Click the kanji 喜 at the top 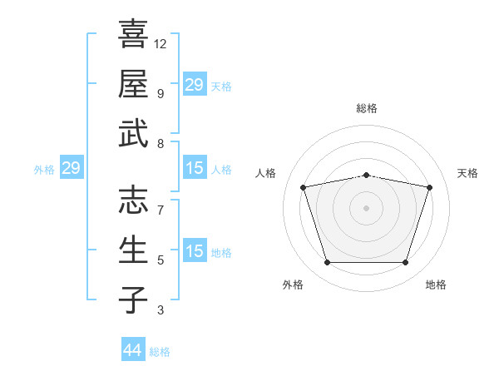pos(133,33)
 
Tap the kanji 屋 pos(133,83)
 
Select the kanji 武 pos(133,133)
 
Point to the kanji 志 pos(133,200)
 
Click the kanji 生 pos(133,250)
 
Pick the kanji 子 pos(133,299)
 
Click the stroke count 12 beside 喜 pos(160,44)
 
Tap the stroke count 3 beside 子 pos(161,310)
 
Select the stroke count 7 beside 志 pos(161,210)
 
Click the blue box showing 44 pos(133,349)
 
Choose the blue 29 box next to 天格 pos(195,84)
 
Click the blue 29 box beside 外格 pos(72,167)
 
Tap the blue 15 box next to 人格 pos(195,167)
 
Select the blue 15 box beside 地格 pos(195,250)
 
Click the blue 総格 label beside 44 pos(160,352)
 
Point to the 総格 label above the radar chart pos(367,108)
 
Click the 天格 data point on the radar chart pos(429,187)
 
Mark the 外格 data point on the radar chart pos(328,263)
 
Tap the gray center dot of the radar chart pos(366,208)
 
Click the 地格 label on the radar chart pos(436,285)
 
